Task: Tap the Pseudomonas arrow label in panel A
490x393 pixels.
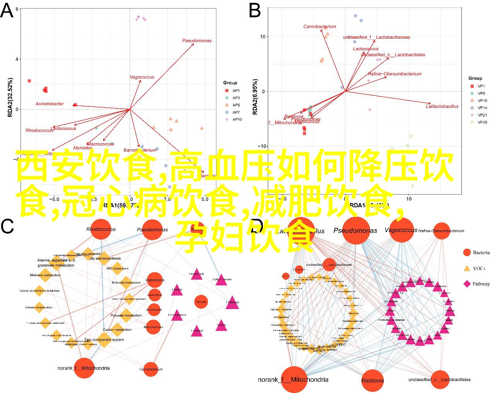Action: pyautogui.click(x=197, y=41)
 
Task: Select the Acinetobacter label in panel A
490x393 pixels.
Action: pyautogui.click(x=49, y=104)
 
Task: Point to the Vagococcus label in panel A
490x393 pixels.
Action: pyautogui.click(x=141, y=77)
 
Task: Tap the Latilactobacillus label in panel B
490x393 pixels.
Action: pyautogui.click(x=442, y=106)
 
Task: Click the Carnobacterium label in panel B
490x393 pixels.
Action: pyautogui.click(x=320, y=27)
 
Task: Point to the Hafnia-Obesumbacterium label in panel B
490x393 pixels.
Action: pyautogui.click(x=394, y=74)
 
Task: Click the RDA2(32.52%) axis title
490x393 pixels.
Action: pyautogui.click(x=10, y=97)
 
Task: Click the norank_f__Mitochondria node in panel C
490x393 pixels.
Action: pyautogui.click(x=84, y=368)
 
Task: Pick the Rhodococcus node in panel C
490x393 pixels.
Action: pyautogui.click(x=101, y=229)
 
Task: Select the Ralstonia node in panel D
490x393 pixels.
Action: pyautogui.click(x=373, y=380)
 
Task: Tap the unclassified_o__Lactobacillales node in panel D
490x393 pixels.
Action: pyautogui.click(x=439, y=379)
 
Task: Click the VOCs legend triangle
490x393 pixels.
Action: pyautogui.click(x=467, y=268)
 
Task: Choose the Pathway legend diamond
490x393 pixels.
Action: pyautogui.click(x=467, y=284)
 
